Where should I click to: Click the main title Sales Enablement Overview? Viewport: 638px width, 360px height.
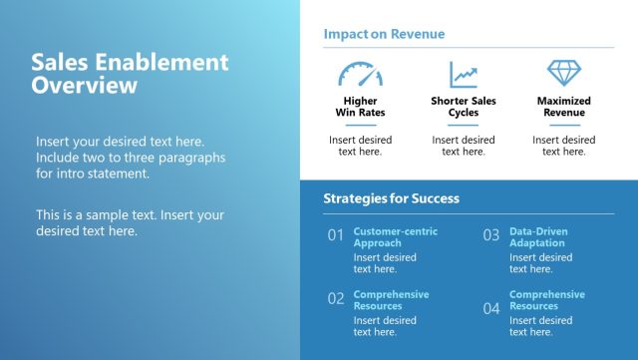(x=130, y=75)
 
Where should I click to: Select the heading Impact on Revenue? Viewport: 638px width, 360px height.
(x=384, y=34)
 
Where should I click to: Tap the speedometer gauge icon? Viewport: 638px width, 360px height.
(x=360, y=75)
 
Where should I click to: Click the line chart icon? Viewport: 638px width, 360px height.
(x=463, y=75)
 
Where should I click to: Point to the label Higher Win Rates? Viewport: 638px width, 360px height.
(x=360, y=107)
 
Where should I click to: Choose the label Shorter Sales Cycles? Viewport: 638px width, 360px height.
(x=463, y=107)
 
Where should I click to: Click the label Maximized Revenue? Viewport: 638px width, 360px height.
(x=563, y=107)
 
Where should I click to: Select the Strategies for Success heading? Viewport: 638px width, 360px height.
(x=391, y=198)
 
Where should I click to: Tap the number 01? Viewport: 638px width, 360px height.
(x=336, y=236)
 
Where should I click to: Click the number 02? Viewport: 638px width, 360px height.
(x=336, y=298)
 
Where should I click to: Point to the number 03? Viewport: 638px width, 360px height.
(x=491, y=236)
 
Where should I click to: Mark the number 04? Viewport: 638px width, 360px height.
(x=491, y=308)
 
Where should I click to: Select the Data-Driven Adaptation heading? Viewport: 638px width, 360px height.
(x=538, y=237)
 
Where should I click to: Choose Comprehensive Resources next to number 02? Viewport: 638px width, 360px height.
(x=391, y=300)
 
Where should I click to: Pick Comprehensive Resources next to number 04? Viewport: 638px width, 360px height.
(x=546, y=300)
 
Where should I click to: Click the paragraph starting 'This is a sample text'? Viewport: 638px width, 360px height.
(x=130, y=222)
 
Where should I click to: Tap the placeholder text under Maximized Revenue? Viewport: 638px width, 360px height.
(x=563, y=146)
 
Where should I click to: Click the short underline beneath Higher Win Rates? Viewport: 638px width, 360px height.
(x=360, y=125)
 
